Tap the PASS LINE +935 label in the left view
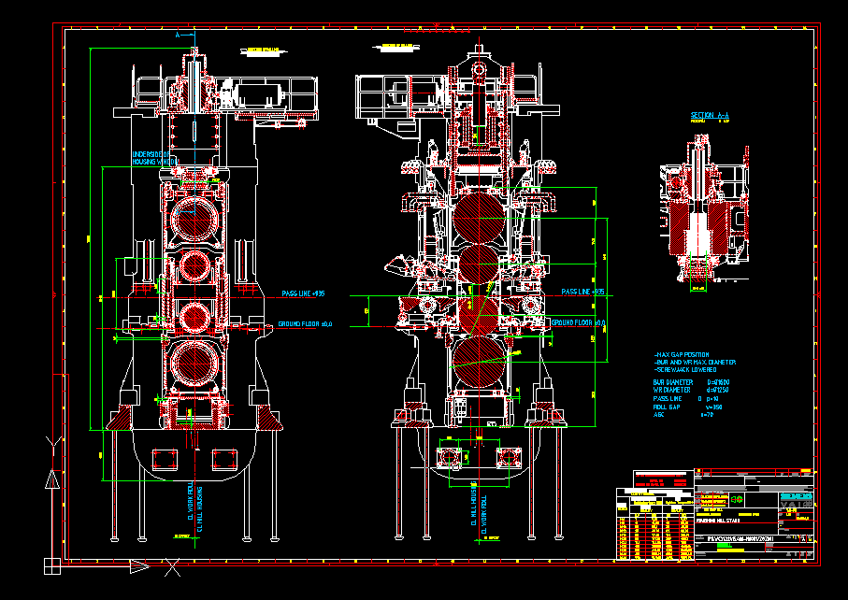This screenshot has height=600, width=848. [303, 293]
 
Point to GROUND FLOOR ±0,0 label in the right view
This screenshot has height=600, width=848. [579, 322]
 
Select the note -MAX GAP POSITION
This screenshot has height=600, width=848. [687, 355]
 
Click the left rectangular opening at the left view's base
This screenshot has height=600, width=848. [165, 458]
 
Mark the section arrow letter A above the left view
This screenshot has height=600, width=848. [178, 34]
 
